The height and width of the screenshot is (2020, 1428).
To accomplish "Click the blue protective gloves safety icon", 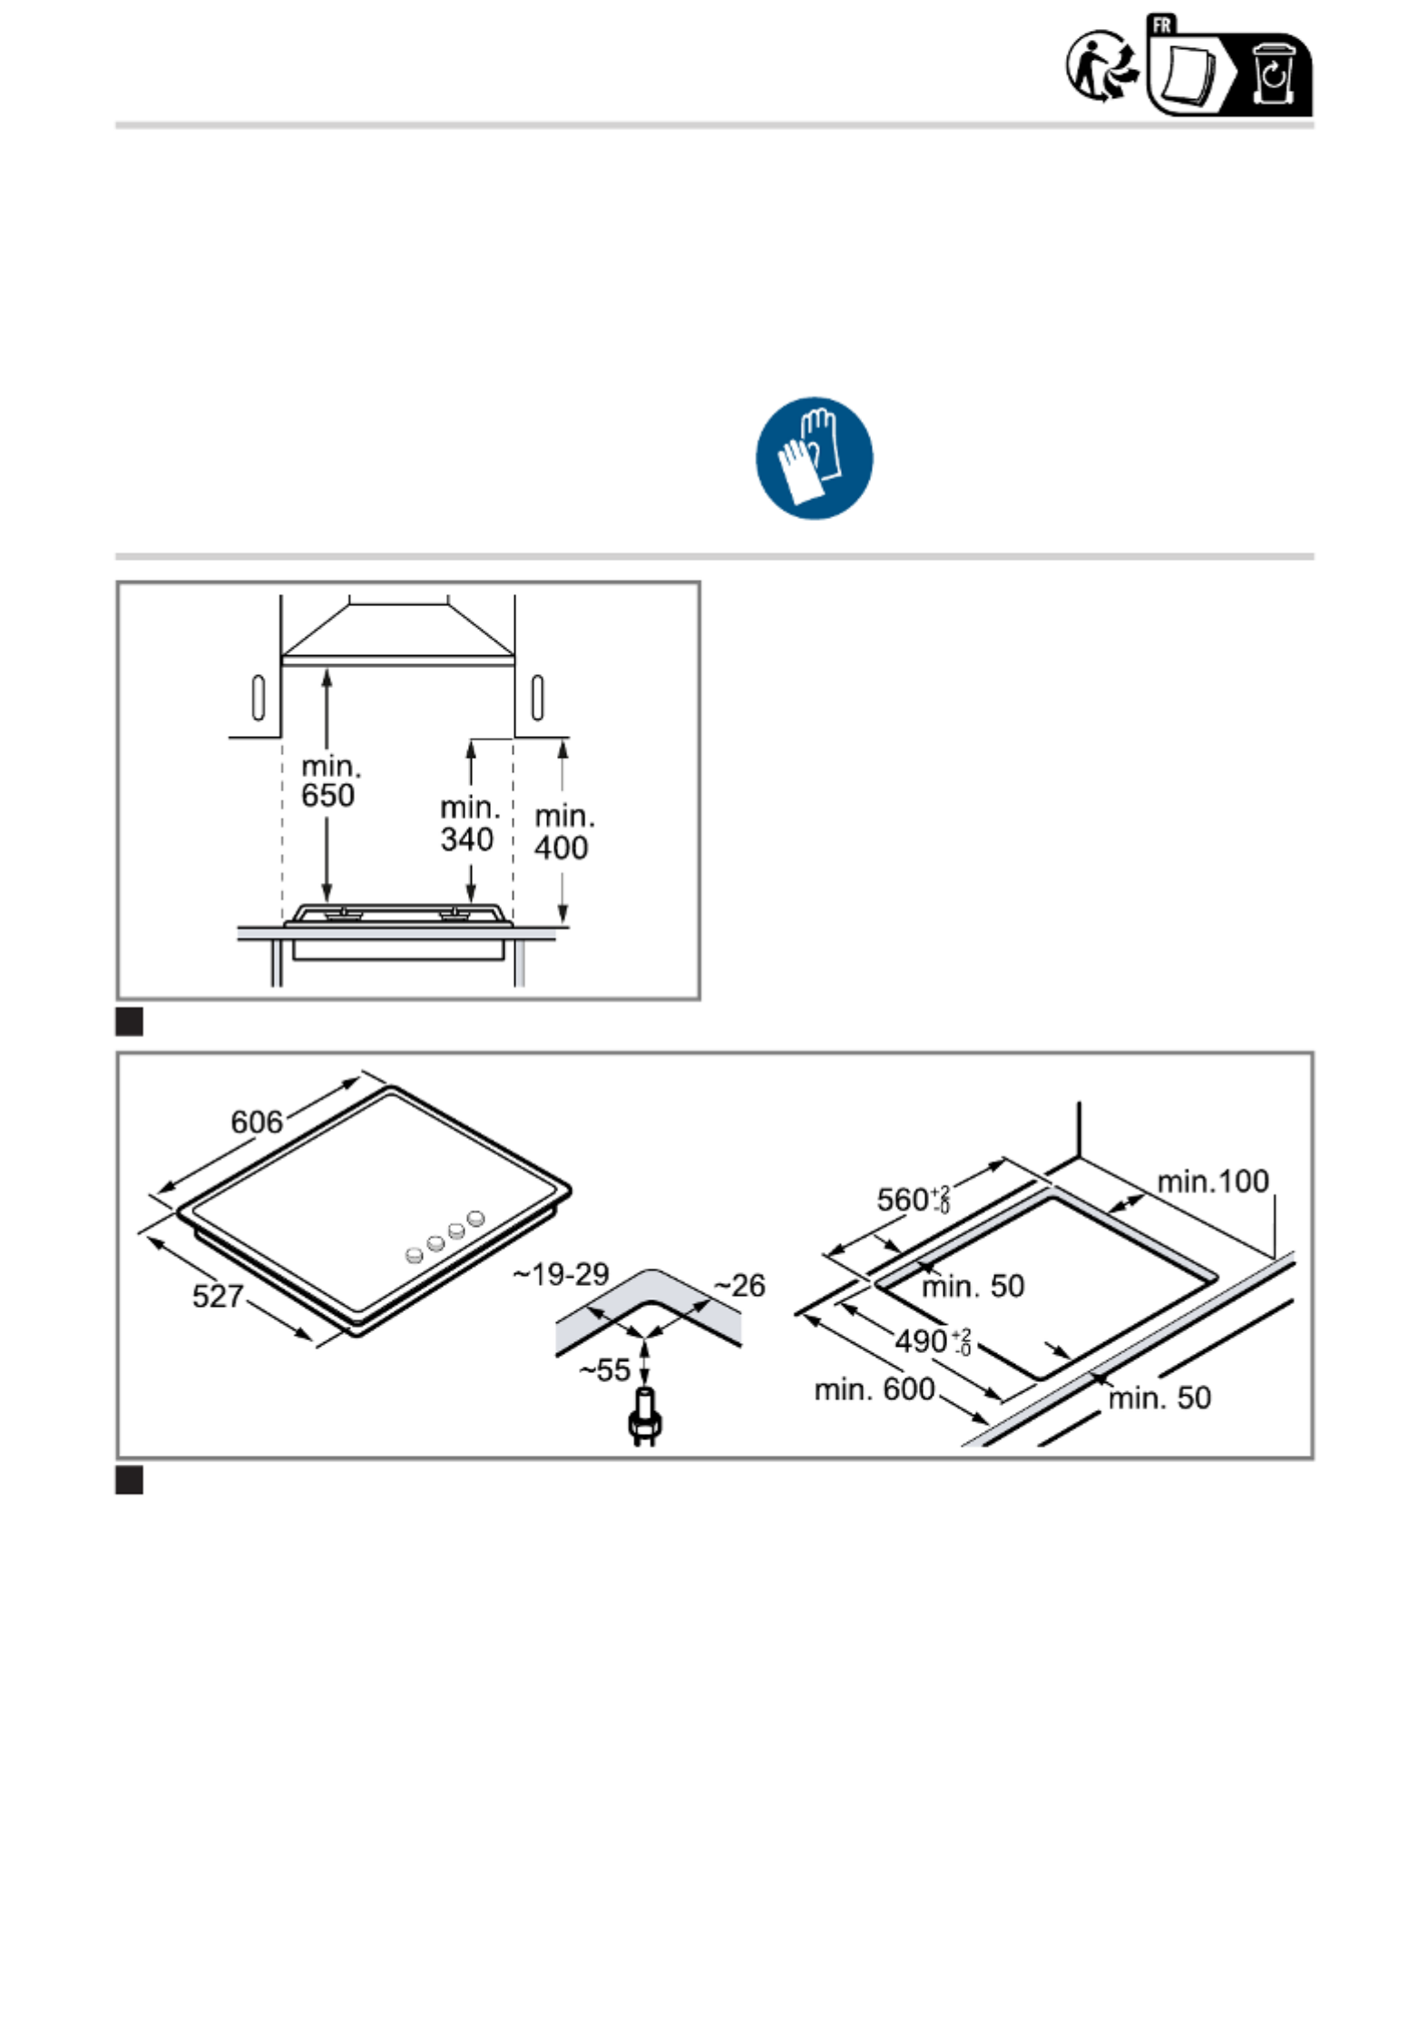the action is (814, 458).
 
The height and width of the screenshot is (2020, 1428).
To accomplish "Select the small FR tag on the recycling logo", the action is (1162, 25).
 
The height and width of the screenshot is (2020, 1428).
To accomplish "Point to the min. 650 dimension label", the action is (330, 781).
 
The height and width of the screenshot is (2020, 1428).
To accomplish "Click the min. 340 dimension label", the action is (469, 824).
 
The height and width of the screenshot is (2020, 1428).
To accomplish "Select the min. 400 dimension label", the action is (563, 832).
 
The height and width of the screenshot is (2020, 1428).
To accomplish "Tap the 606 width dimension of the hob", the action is (257, 1123).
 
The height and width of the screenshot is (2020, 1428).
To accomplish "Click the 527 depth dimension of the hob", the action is (218, 1296).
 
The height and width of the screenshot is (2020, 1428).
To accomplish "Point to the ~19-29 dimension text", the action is (561, 1274).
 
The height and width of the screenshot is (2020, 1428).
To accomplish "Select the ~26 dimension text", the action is (738, 1285).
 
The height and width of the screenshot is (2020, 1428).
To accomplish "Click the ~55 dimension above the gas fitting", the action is (604, 1370).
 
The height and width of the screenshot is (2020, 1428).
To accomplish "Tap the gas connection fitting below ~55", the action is (643, 1417).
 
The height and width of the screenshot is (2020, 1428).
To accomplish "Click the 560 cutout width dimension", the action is (913, 1199).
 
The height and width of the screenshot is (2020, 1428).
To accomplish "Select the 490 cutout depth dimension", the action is (933, 1341).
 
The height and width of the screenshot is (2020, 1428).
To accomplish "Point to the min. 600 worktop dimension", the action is (874, 1389).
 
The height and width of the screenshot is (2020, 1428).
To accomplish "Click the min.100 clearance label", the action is (1213, 1181).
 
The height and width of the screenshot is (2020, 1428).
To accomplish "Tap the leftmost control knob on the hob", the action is (414, 1255).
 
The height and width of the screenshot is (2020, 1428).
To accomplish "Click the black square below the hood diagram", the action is (130, 1022).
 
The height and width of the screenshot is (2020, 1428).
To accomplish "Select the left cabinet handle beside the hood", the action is (258, 697).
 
